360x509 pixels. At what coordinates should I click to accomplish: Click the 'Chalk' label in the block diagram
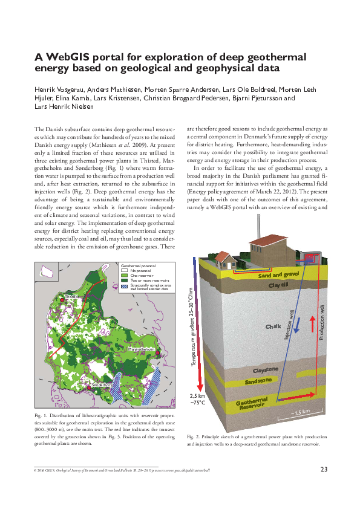point(273,326)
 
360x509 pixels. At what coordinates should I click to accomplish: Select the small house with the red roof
point(226,261)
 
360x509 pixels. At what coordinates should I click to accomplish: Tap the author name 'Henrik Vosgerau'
point(59,90)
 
